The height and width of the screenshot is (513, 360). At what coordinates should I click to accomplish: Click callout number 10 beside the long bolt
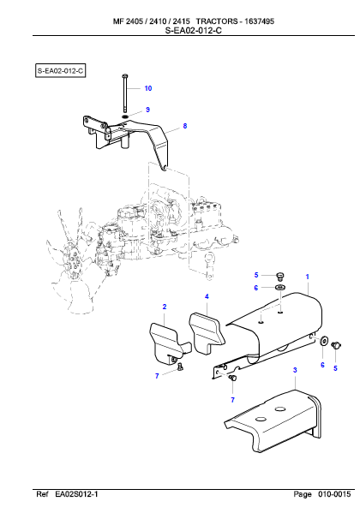(148, 88)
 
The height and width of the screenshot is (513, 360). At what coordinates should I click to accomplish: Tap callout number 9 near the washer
(147, 110)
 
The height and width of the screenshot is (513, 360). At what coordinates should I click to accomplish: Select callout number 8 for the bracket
(185, 126)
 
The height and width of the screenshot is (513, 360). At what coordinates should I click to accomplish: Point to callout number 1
(307, 277)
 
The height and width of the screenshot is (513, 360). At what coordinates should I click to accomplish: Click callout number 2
(165, 307)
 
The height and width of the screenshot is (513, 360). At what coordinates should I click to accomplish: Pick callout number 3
(295, 370)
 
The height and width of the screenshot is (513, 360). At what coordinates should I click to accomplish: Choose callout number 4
(207, 296)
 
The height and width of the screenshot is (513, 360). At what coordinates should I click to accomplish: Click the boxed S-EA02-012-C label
(60, 71)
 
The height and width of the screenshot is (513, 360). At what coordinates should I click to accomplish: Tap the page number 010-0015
(334, 494)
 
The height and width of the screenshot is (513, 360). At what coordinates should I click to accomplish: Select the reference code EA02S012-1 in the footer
(76, 494)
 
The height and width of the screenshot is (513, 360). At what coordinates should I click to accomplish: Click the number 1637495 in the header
(260, 21)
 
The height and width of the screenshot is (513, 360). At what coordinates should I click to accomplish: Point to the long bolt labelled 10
(125, 93)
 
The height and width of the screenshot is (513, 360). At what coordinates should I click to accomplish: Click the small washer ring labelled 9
(125, 116)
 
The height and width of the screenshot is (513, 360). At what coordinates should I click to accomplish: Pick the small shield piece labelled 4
(207, 333)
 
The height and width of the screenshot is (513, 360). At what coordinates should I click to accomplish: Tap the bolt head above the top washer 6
(279, 277)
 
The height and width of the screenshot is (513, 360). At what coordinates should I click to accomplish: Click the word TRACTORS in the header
(217, 21)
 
